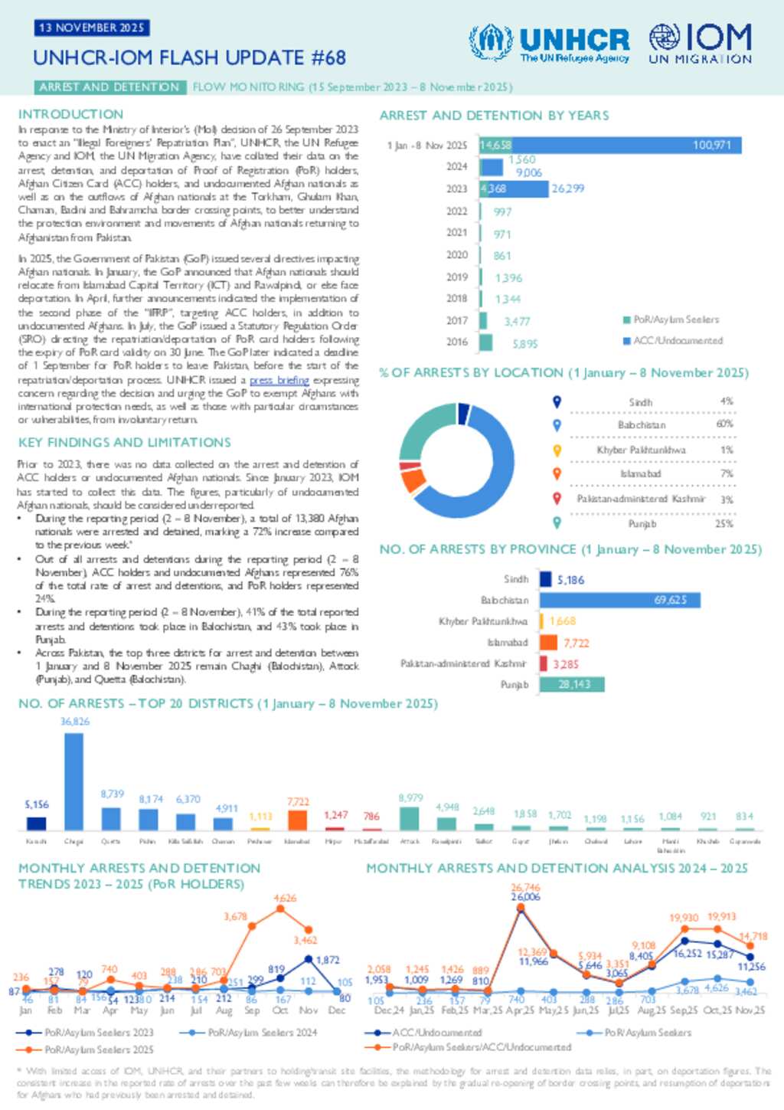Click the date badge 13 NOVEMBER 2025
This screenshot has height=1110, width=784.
(x=91, y=28)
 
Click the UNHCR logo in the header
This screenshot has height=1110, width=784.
(x=550, y=43)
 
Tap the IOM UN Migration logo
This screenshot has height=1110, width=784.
(x=700, y=43)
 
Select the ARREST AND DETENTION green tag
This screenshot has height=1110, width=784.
(x=109, y=87)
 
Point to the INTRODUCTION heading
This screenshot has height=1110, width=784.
(x=70, y=114)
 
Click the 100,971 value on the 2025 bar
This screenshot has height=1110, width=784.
(x=711, y=145)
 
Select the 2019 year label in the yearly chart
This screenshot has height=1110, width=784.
(x=456, y=277)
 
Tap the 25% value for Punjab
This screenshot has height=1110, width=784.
(x=724, y=524)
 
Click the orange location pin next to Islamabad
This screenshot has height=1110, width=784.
(x=557, y=474)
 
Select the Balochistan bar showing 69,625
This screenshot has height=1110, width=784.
(x=619, y=600)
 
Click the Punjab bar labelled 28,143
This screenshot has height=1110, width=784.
(x=572, y=684)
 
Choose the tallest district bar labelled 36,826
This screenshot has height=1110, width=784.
(x=73, y=781)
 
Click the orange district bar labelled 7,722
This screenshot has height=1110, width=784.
(x=297, y=820)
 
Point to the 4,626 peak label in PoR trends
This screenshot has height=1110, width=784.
(x=285, y=898)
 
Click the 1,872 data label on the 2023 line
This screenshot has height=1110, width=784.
(x=328, y=960)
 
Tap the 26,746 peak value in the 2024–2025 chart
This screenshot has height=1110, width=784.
(x=525, y=888)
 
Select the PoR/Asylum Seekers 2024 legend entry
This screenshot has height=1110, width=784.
(x=241, y=1033)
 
